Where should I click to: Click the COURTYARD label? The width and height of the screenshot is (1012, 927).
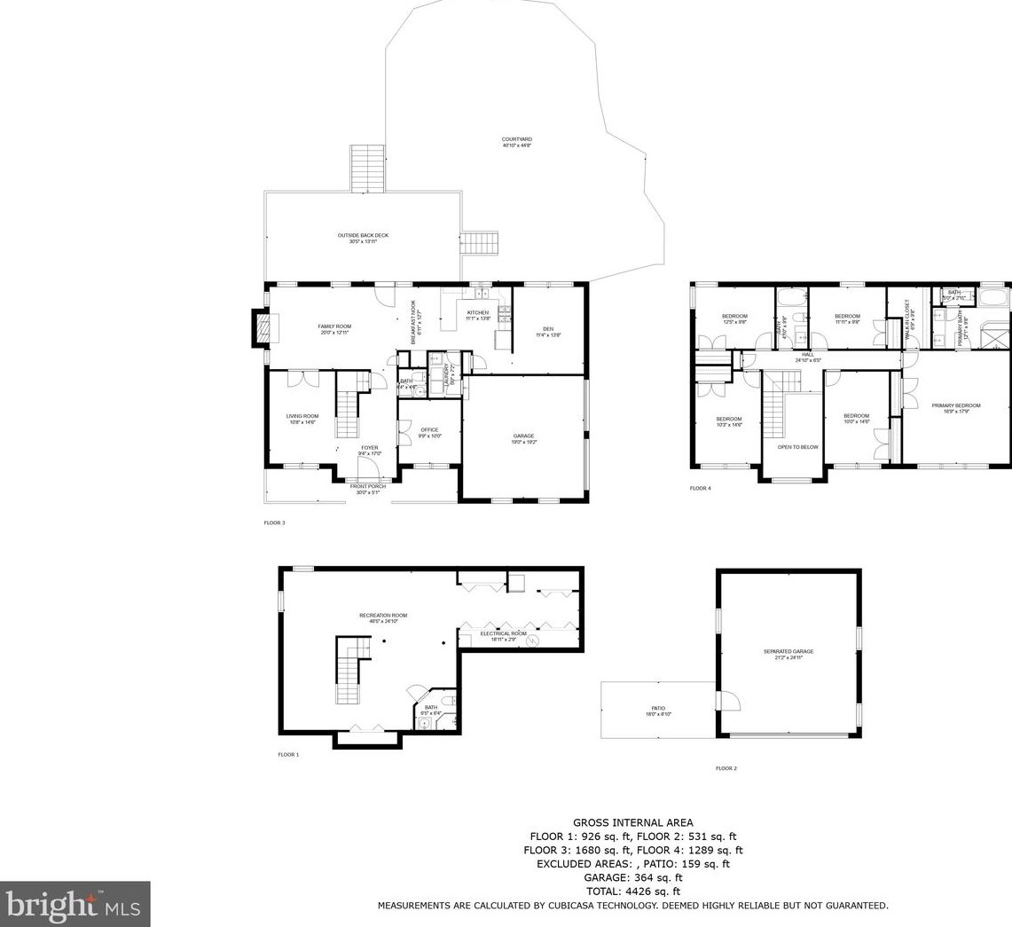(516, 140)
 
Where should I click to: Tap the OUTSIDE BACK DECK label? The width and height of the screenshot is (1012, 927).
(363, 235)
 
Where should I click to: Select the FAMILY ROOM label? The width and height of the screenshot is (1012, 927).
(334, 326)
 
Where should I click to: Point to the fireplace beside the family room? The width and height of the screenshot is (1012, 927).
(260, 328)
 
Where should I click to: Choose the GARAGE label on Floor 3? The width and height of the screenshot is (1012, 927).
(523, 436)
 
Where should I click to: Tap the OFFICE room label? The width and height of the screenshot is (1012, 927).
(429, 430)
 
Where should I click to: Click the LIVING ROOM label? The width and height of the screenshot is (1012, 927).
(302, 416)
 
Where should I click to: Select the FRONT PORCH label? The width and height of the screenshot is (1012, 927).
(367, 487)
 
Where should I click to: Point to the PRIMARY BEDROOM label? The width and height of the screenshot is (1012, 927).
(955, 406)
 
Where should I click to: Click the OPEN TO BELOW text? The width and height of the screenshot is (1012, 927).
(797, 447)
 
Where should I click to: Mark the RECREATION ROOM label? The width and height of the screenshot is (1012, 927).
(383, 616)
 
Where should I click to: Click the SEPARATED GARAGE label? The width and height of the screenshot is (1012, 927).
(788, 652)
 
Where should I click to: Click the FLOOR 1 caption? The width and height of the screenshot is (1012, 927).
(288, 755)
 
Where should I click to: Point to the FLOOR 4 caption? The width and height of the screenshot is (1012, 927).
(701, 488)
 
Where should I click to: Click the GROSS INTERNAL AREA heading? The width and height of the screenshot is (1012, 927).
(632, 823)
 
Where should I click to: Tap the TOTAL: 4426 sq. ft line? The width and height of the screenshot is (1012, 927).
(632, 892)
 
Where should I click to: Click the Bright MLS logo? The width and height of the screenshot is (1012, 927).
(75, 905)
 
